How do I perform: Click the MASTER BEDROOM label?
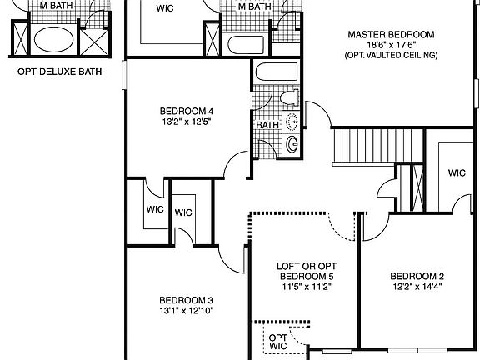point(391,34)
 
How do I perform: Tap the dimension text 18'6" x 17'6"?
point(391,45)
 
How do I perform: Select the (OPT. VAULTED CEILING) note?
point(391,56)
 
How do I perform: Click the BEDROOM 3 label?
point(187,301)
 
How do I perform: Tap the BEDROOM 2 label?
point(417,277)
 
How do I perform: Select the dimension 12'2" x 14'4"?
point(417,287)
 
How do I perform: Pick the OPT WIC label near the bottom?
point(277,342)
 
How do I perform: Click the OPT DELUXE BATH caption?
point(59,72)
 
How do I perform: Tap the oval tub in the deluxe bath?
point(52,39)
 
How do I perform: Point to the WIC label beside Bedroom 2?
point(456,173)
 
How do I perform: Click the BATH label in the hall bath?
point(267,126)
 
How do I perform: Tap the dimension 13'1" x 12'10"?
point(187,312)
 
